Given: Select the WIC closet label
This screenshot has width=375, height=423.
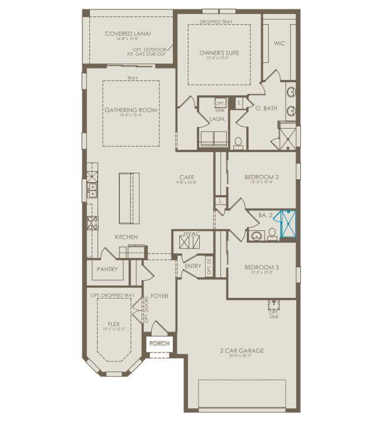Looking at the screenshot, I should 279,43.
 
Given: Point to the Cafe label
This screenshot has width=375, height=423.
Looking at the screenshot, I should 187,177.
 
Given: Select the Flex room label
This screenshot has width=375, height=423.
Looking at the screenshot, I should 114,324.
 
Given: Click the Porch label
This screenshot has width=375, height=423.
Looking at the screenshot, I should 159,344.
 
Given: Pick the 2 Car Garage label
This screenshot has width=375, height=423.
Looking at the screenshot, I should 243,351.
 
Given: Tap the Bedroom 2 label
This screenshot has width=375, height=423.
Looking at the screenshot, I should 262,177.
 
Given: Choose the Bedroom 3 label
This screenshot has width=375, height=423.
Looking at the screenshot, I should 262,267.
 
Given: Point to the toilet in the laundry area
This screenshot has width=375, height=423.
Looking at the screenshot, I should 238,142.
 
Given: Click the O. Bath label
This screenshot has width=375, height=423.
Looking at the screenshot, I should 266,109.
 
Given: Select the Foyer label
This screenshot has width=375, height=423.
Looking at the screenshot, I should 159,296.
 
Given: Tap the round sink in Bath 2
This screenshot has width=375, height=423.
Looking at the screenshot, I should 257,236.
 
